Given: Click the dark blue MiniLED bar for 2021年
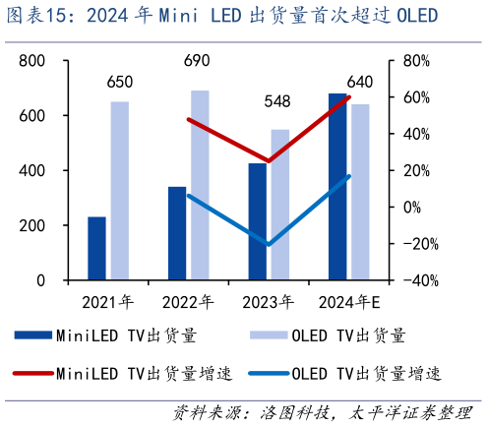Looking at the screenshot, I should coord(96,248).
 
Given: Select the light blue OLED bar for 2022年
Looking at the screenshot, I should coord(200,185).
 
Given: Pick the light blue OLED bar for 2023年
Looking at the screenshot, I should coord(279,205).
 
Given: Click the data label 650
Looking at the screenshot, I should coord(120,82).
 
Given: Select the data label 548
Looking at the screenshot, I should coord(280,101).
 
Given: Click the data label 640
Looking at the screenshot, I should coord(360,82).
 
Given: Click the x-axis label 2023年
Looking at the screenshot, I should coord(268,301).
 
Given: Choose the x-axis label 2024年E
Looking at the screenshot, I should coord(347,301).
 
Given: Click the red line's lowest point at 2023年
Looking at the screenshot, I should coord(269,160).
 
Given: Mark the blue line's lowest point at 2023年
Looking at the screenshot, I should coord(269,244).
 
